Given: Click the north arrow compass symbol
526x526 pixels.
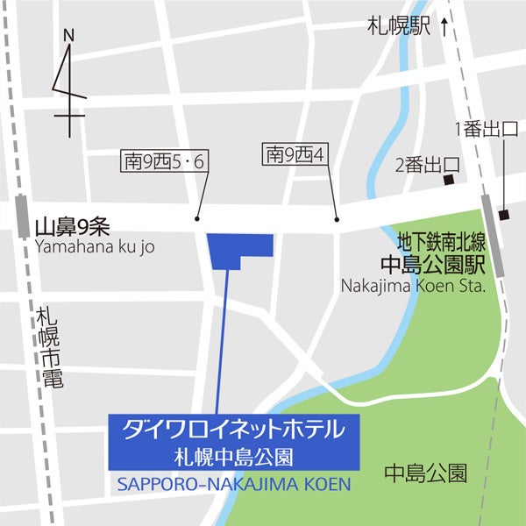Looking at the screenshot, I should (x=68, y=83).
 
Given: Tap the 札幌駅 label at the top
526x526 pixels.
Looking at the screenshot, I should (x=399, y=27).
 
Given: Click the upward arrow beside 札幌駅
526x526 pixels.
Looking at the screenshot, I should (x=444, y=27).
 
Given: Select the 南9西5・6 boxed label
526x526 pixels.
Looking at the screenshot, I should (x=164, y=161).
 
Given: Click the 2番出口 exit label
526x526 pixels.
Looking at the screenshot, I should (x=427, y=164).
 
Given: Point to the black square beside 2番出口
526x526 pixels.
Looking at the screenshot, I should (x=448, y=181).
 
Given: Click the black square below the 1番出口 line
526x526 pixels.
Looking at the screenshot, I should (x=503, y=215).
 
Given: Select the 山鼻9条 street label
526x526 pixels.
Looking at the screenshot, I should (x=72, y=228).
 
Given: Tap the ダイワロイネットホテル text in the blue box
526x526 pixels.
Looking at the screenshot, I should (x=229, y=430).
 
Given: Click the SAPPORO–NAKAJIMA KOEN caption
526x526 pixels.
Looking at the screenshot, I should (x=233, y=484).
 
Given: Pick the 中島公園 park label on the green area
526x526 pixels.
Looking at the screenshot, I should (x=425, y=474).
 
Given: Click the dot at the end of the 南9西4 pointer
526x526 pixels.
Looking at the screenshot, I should (x=337, y=219).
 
